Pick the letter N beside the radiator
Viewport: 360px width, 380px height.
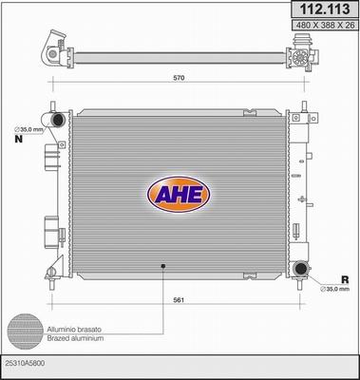pos(18,139)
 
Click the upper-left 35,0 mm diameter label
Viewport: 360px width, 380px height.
pos(29,129)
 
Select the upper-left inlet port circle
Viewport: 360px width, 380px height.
pos(58,121)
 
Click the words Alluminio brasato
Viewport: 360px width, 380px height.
pos(73,328)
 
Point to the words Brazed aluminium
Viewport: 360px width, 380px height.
pos(73,337)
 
